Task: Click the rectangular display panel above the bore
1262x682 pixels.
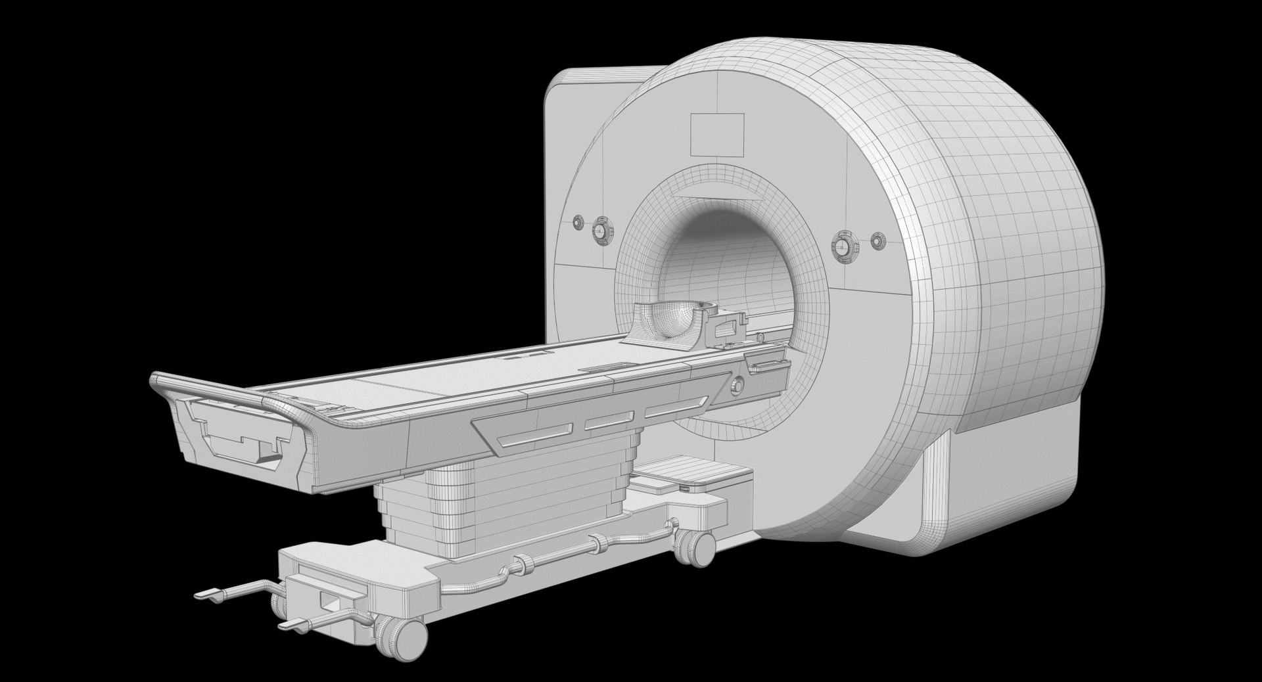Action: click(717, 134)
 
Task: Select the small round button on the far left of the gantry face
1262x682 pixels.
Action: click(578, 222)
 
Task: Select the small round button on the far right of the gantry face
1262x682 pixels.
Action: click(877, 241)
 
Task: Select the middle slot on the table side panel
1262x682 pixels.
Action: click(609, 421)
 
